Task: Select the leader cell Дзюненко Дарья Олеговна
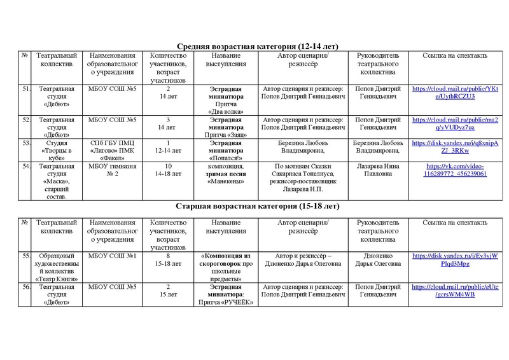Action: tap(379, 260)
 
